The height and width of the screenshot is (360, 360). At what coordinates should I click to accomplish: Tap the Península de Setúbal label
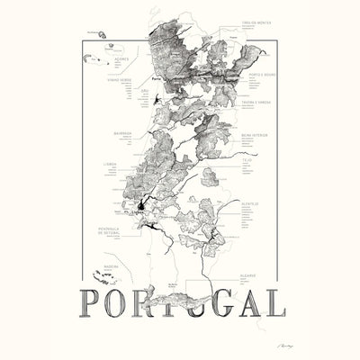pyautogui.click(x=108, y=231)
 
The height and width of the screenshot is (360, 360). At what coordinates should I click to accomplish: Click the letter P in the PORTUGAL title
pyautogui.click(x=93, y=301)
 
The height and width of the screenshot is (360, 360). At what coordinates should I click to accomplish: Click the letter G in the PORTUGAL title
pyautogui.click(x=199, y=301)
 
